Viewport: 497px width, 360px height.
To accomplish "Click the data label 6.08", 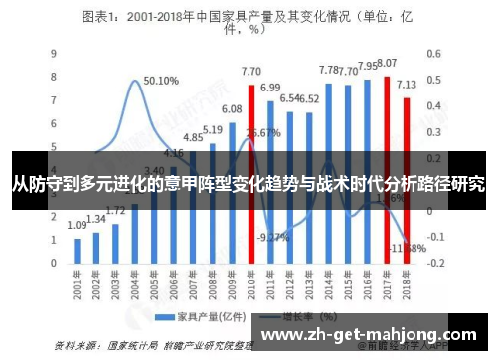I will coord(232,109).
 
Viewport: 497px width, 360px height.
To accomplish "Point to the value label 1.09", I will coord(77,226).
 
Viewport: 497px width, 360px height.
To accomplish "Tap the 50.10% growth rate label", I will coord(161,81).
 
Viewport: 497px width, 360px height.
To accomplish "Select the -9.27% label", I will coord(272,237).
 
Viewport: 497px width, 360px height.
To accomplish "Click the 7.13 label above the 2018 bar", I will coord(406,85).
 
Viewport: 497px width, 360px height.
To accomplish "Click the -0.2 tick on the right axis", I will coord(433,264).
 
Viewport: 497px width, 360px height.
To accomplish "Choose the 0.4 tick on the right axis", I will coord(434,106).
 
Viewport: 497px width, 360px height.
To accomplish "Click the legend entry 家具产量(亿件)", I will coord(202,317).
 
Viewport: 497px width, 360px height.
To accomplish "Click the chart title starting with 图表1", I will coord(248,21).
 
